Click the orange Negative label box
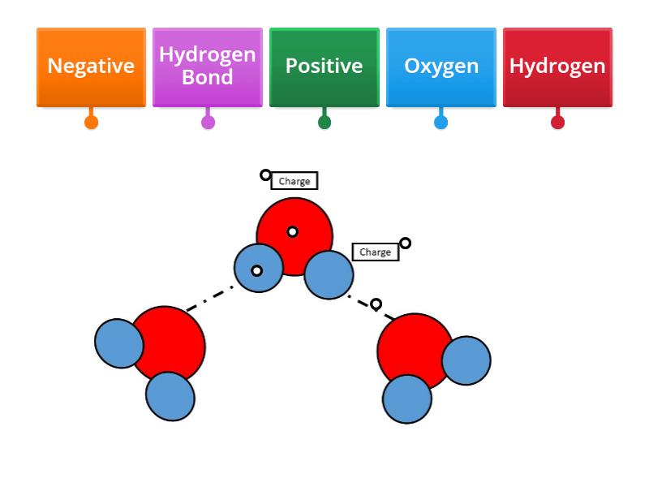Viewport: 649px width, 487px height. coord(91,67)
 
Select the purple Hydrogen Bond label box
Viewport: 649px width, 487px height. coord(208,67)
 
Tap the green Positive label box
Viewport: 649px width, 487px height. coord(324,67)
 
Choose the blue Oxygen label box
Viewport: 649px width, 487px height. coord(441,67)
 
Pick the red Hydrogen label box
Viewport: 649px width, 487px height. coord(557,67)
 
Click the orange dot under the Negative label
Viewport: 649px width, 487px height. coord(91,123)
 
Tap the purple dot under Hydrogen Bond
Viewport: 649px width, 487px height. coord(208,123)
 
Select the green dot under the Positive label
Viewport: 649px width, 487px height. coord(324,123)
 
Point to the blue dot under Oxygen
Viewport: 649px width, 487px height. coord(441,123)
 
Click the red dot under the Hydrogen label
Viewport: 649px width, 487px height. coord(557,123)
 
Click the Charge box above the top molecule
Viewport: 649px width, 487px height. coord(294,181)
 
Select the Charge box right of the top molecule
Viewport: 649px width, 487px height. coord(375,252)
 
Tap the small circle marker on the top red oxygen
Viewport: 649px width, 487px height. coord(292,232)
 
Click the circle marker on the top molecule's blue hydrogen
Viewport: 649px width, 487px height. coord(256,270)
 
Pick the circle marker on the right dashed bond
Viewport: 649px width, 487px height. coord(376,304)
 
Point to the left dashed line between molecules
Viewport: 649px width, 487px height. coord(209,298)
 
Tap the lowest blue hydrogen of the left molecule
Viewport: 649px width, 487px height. coord(170,396)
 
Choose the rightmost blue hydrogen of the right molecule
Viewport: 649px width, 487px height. coord(466,360)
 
